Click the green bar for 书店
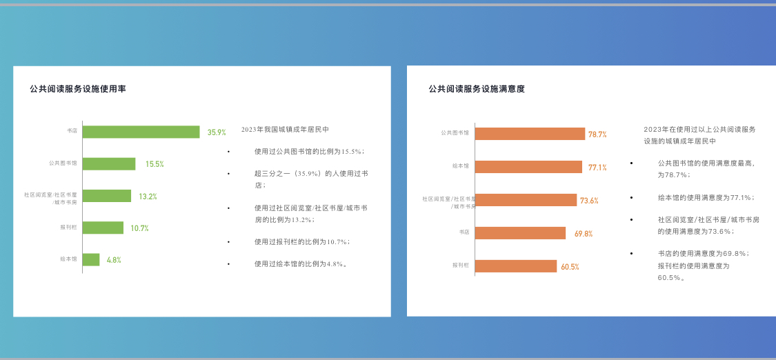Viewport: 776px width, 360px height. click(x=141, y=132)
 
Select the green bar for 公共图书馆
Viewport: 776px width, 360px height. click(x=109, y=163)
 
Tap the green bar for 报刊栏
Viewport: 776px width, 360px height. click(x=103, y=228)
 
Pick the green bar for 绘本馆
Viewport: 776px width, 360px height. click(x=91, y=259)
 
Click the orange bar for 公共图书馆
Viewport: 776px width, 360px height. click(x=530, y=134)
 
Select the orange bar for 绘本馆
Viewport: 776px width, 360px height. click(x=528, y=167)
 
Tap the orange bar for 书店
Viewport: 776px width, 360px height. click(x=521, y=233)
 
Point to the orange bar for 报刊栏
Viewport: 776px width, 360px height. click(x=516, y=266)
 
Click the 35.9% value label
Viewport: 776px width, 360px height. click(x=217, y=132)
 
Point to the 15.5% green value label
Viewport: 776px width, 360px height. click(x=155, y=164)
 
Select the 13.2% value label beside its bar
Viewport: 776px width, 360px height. click(x=148, y=197)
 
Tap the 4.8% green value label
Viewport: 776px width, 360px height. click(x=114, y=259)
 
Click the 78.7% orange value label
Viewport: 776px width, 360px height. click(x=597, y=134)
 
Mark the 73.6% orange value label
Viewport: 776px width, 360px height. click(x=590, y=201)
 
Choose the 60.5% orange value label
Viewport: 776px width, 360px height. click(x=570, y=267)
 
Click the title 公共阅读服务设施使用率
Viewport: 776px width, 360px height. click(x=78, y=89)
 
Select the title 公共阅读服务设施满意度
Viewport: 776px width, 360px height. click(x=477, y=89)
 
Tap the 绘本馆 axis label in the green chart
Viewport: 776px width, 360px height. click(x=69, y=259)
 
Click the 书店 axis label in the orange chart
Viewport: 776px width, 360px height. click(x=464, y=232)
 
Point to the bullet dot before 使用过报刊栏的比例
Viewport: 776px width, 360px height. click(x=228, y=242)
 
